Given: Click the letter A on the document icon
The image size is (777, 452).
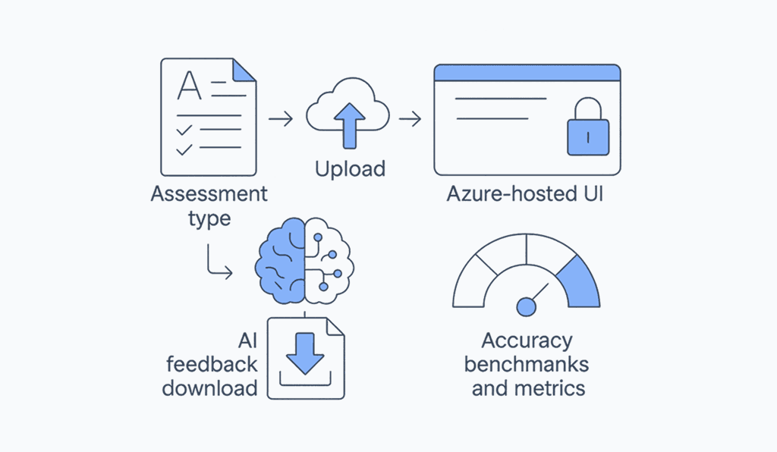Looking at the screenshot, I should [189, 86].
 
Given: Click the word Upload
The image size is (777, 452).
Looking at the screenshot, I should [350, 168].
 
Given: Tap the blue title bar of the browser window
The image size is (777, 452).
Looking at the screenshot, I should [527, 73].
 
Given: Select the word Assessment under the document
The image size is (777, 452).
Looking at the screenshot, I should [209, 194].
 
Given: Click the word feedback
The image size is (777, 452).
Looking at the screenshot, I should [212, 364].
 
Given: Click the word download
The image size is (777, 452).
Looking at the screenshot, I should [210, 388].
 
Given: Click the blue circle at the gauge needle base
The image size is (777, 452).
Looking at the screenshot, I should [525, 306].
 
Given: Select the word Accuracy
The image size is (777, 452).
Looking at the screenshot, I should [527, 341].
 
